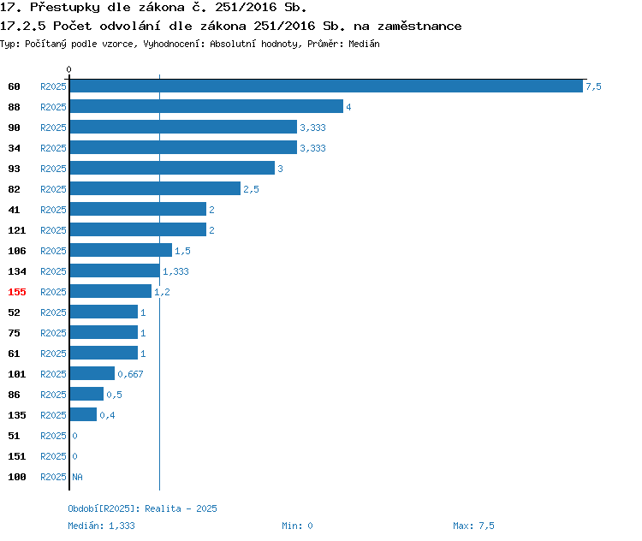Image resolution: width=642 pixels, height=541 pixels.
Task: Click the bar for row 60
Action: click(x=326, y=86)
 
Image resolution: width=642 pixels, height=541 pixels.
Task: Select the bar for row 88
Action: click(x=206, y=106)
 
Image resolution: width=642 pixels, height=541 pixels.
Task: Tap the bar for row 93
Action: click(x=172, y=168)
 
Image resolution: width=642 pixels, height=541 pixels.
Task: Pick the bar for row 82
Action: click(x=155, y=188)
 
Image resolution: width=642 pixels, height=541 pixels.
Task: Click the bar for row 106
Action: click(x=121, y=250)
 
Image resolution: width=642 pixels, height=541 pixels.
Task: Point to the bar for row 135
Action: click(x=83, y=414)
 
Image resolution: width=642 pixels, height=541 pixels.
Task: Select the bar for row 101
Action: click(x=92, y=373)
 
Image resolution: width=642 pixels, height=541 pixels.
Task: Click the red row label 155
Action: click(x=17, y=292)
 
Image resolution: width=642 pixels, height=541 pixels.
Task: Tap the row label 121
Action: click(x=17, y=230)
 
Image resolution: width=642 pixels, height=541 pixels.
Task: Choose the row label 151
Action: click(x=17, y=456)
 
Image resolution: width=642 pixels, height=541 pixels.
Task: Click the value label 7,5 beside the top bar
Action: click(x=593, y=86)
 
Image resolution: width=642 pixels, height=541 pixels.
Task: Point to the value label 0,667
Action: click(x=129, y=374)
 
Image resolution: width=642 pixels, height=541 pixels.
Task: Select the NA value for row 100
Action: click(x=77, y=477)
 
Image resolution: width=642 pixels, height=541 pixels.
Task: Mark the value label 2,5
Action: click(x=251, y=189)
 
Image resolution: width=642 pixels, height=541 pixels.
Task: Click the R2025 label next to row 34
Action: click(x=53, y=148)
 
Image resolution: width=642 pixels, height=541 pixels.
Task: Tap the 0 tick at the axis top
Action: click(x=69, y=69)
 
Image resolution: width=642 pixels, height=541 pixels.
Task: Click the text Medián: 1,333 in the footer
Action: click(x=101, y=526)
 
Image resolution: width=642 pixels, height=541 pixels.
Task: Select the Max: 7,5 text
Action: click(x=473, y=526)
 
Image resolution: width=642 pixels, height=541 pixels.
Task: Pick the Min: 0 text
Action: click(x=297, y=526)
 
